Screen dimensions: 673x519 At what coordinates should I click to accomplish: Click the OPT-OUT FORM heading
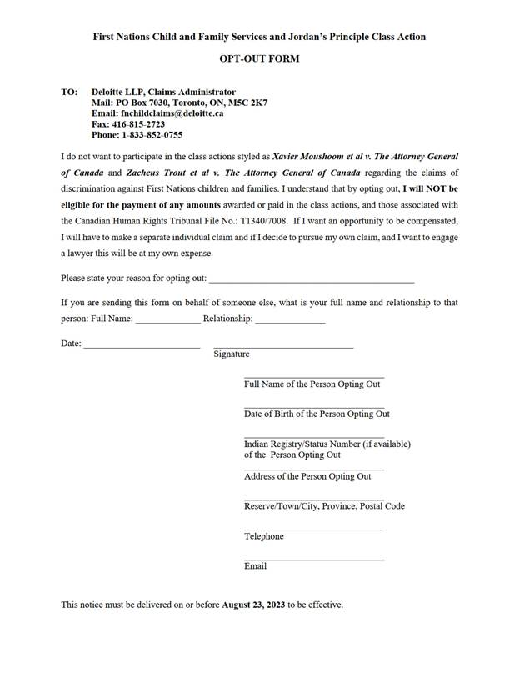tap(259, 59)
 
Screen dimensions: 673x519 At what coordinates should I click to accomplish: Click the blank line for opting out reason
tap(311, 278)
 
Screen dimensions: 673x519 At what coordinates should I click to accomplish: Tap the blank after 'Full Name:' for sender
tap(167, 320)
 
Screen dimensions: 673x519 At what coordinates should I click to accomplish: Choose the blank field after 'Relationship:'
tap(290, 320)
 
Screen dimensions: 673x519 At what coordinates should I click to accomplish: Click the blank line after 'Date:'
tap(141, 344)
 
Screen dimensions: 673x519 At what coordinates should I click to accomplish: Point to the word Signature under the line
tap(232, 354)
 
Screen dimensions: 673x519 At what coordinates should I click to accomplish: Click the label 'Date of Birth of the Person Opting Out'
tap(317, 414)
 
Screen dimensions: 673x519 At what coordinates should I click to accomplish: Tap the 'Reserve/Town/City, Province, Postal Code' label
tap(324, 506)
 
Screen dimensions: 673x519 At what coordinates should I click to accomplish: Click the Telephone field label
tap(263, 536)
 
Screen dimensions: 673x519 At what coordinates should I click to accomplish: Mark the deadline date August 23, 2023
tap(253, 605)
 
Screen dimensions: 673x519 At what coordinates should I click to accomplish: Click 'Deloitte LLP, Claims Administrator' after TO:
tap(163, 92)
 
